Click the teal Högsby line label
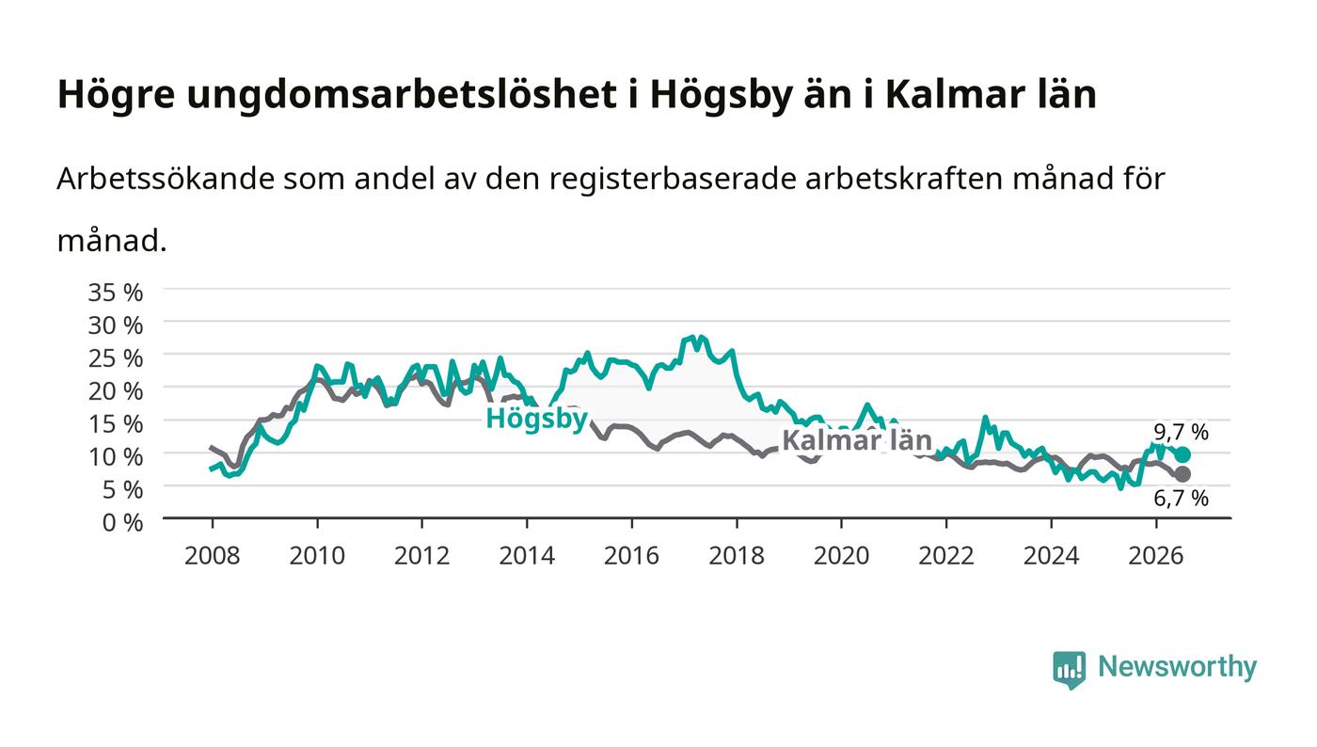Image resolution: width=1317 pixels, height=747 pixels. [536, 420]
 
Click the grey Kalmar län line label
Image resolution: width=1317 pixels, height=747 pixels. [857, 440]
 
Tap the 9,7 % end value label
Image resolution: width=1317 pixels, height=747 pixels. [1181, 433]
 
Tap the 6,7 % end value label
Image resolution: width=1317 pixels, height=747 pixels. [1181, 499]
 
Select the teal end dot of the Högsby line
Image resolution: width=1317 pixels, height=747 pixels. [1182, 454]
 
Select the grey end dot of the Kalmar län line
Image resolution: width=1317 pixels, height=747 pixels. [1182, 474]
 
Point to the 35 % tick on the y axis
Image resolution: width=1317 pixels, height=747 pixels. [115, 293]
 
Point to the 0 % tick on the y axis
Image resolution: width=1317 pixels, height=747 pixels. [122, 522]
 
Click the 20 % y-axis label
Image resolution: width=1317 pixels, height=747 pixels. [115, 391]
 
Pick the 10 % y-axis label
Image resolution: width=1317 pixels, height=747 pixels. [115, 457]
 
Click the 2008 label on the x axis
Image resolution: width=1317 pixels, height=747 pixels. [213, 556]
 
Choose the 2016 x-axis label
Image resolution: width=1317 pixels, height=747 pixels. [631, 556]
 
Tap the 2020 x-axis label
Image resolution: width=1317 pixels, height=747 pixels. [841, 556]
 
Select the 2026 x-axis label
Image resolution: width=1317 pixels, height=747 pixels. [1156, 556]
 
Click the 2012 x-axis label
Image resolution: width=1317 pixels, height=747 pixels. [421, 556]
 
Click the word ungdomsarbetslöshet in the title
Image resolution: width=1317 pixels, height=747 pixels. [402, 95]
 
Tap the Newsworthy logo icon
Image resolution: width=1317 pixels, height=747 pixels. [1070, 670]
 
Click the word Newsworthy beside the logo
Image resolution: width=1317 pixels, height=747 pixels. [1177, 668]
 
